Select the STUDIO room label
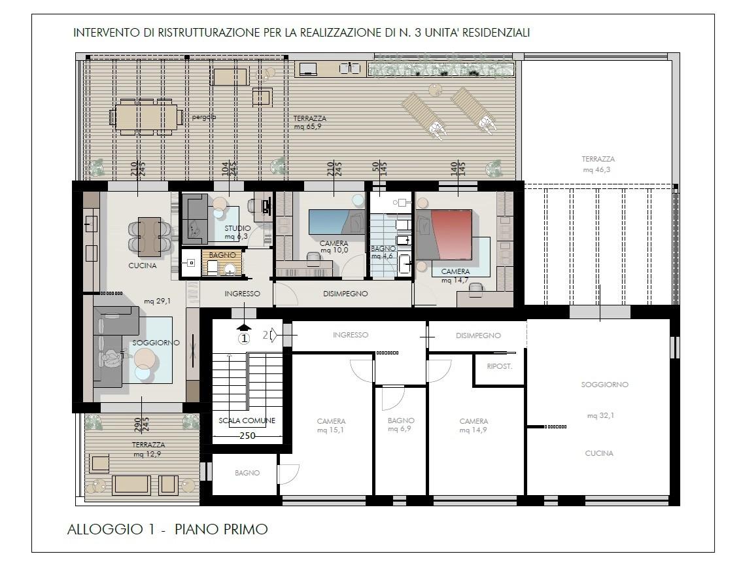pos(237,228)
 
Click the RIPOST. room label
pos(499,366)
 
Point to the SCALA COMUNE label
pos(247,421)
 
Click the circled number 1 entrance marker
pos(244,338)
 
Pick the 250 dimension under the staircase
pos(247,436)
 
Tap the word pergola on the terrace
pos(203,117)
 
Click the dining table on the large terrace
pos(146,116)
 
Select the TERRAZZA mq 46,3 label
pos(598,165)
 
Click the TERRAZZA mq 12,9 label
pos(148,449)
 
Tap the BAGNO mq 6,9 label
pos(401,424)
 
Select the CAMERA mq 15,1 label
pos(331,425)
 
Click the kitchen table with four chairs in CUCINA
pos(149,236)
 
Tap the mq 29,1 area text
pos(158,301)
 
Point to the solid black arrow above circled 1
pos(244,327)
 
